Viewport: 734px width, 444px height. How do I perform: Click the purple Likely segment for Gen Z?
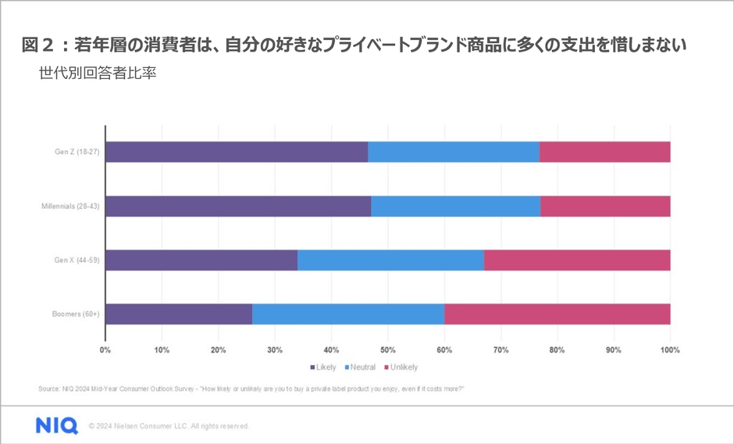[237, 152]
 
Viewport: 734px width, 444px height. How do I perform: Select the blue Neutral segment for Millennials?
[455, 206]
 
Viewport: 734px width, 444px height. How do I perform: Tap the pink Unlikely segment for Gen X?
[577, 260]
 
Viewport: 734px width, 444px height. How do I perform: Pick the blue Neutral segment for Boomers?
[348, 314]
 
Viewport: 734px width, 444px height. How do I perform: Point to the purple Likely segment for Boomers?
[179, 314]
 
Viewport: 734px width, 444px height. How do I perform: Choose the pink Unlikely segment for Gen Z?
[604, 152]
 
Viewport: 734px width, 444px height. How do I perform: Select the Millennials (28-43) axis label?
[69, 206]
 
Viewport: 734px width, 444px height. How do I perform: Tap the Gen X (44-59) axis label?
[77, 260]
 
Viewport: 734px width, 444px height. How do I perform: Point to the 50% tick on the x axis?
[387, 349]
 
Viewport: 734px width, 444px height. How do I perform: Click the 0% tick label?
[105, 349]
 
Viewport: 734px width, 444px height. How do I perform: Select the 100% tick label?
[669, 349]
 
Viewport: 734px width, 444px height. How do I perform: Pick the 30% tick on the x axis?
[275, 349]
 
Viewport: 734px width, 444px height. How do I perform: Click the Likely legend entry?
[323, 367]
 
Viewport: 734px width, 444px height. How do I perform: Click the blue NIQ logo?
[56, 425]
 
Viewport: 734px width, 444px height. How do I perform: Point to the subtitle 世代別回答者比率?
[99, 76]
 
